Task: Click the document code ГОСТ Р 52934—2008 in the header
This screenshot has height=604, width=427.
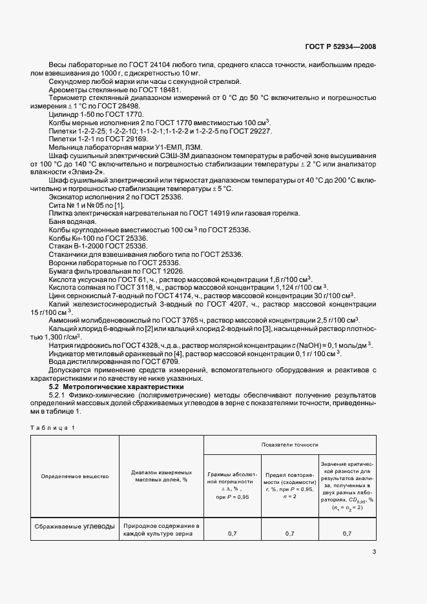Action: pyautogui.click(x=340, y=46)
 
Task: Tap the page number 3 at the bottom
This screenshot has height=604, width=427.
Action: pyautogui.click(x=374, y=551)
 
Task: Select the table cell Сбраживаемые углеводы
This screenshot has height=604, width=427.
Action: pyautogui.click(x=75, y=525)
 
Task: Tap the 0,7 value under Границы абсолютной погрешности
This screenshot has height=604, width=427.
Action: pyautogui.click(x=231, y=534)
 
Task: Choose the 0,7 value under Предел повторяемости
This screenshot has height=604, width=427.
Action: pyautogui.click(x=289, y=534)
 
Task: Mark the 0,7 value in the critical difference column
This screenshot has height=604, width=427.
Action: pyautogui.click(x=347, y=534)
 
